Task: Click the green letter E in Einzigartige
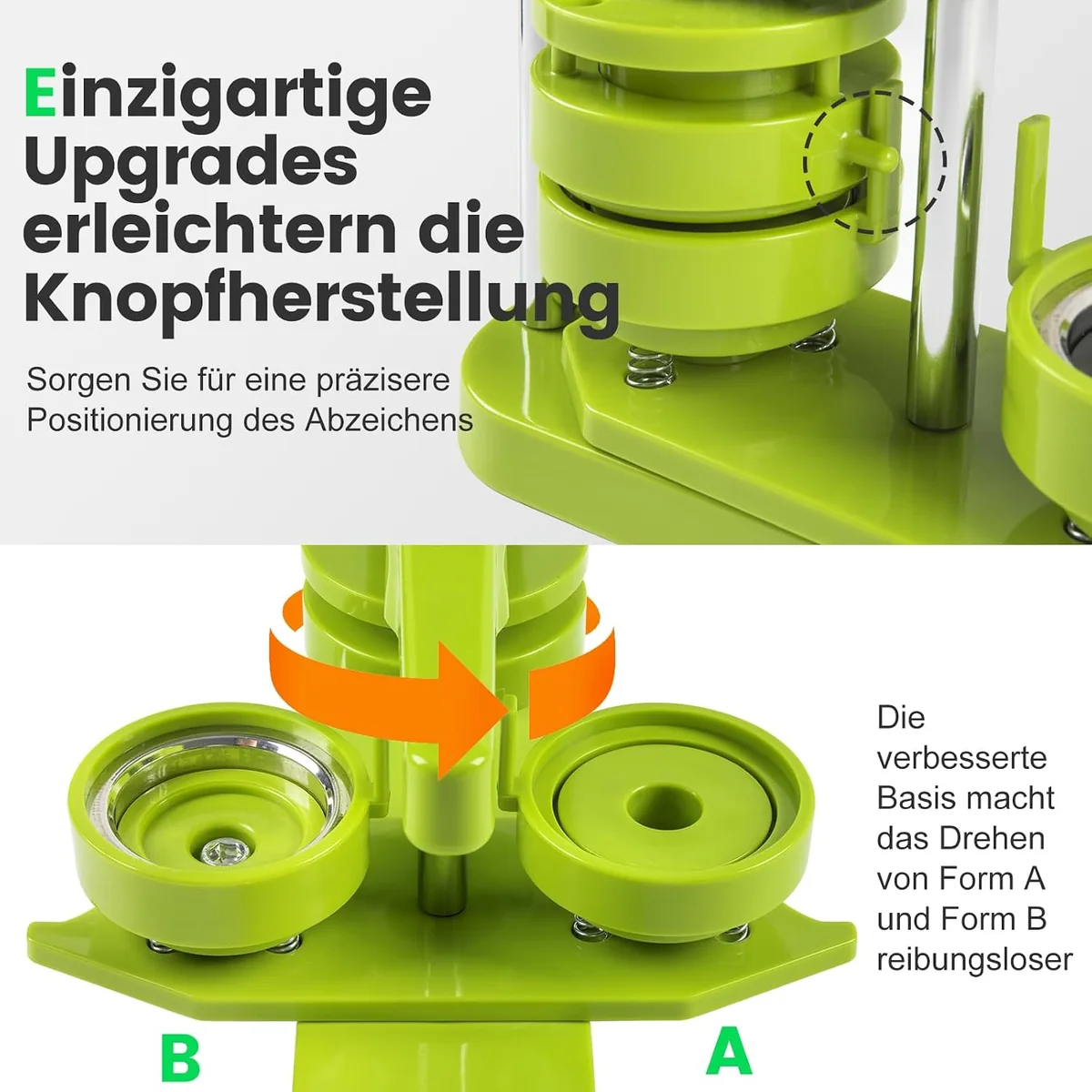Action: [x=40, y=93]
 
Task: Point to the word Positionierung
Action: [x=130, y=420]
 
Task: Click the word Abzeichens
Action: [x=389, y=420]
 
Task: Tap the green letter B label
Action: [x=180, y=1058]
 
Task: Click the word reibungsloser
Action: [x=975, y=960]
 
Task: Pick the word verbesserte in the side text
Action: [x=962, y=758]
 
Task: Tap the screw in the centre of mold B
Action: [x=226, y=853]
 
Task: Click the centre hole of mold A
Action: [x=664, y=807]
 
